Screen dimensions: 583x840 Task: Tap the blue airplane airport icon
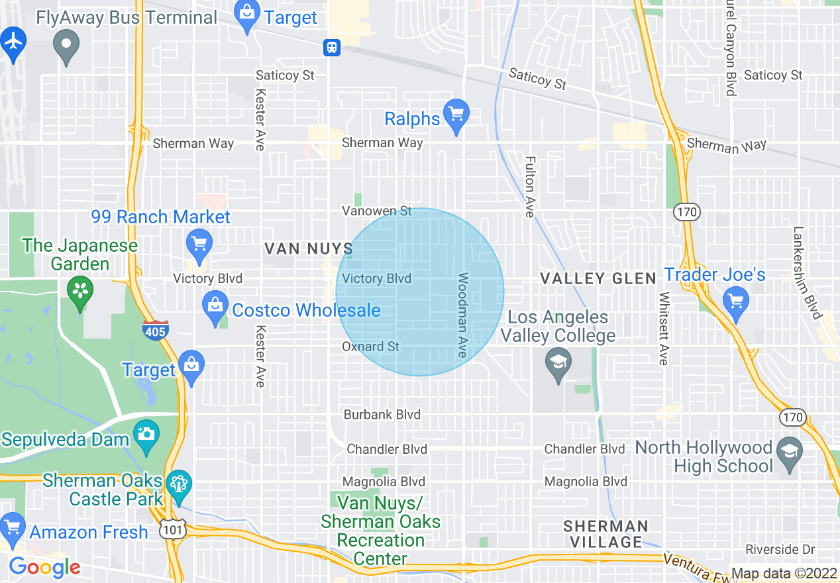coord(13,42)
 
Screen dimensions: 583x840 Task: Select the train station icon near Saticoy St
coord(331,47)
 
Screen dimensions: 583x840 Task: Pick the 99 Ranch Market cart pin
coord(199,243)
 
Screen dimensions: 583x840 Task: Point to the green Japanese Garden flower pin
coord(80,291)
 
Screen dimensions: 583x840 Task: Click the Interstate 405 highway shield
coord(155,330)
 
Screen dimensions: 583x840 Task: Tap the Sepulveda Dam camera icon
coord(146,435)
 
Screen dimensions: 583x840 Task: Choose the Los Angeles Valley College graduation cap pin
coord(558,363)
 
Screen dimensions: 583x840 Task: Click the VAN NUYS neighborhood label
coord(309,249)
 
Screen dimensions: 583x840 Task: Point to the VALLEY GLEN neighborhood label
coord(598,278)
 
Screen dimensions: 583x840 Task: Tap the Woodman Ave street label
coord(462,315)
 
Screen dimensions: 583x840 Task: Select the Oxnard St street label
coord(370,346)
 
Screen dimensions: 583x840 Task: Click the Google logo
coord(44,567)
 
